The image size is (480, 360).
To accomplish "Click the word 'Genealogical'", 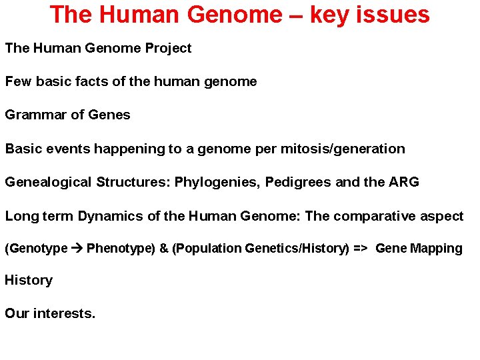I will tap(48, 182).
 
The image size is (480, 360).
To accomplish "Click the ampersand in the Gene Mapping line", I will tap(163, 249).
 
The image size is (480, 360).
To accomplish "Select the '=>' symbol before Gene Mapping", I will tap(360, 249).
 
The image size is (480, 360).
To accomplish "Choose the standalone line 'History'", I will tap(29, 280).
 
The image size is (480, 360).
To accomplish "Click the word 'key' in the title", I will tap(330, 15).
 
